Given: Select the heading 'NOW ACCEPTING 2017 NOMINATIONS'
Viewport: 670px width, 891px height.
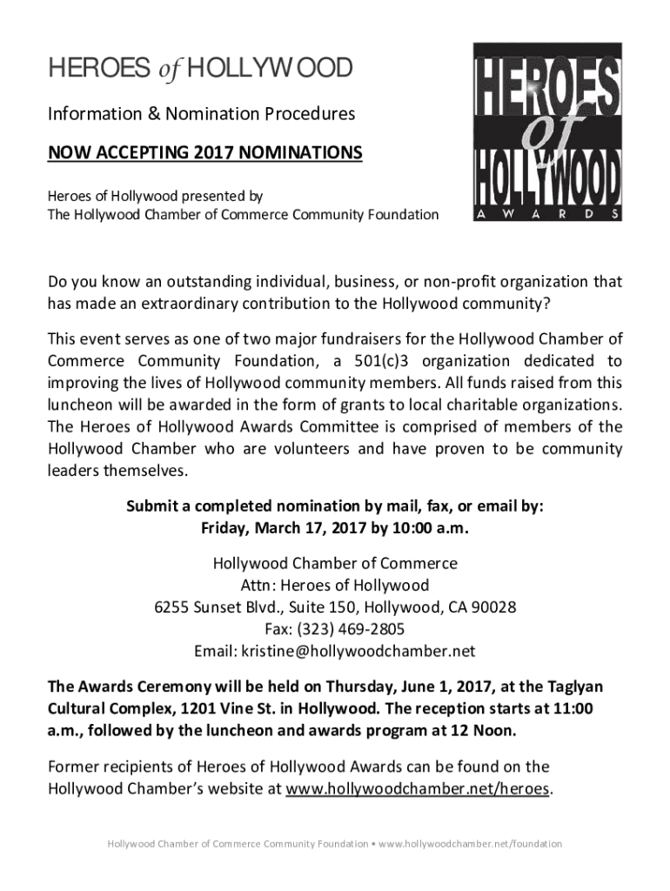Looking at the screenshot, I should pos(204,154).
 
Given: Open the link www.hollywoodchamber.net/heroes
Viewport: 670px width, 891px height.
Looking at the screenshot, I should pos(419,789).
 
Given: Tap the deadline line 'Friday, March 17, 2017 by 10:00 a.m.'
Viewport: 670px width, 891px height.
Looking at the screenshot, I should pos(335,529).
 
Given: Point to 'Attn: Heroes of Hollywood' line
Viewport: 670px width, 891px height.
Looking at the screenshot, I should pos(335,585).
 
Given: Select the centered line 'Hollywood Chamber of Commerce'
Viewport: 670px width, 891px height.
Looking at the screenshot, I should pos(335,563).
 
